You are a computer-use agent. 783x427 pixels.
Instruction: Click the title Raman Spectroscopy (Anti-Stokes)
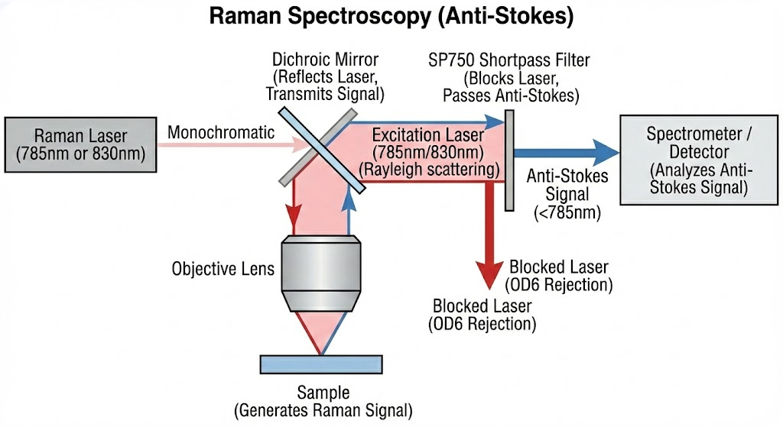pyautogui.click(x=391, y=17)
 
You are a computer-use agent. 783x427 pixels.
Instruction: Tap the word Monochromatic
pyautogui.click(x=221, y=132)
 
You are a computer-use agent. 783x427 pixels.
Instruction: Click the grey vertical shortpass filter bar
pyautogui.click(x=508, y=161)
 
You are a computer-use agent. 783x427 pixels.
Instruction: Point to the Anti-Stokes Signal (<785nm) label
pyautogui.click(x=567, y=194)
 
